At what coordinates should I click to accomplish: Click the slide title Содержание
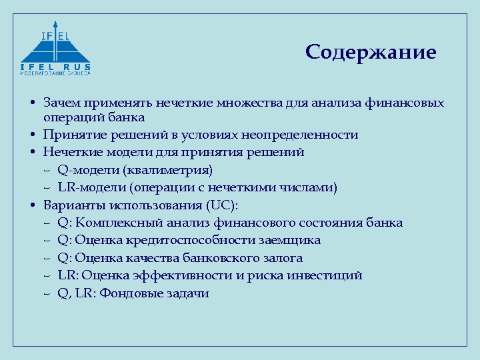coord(371,53)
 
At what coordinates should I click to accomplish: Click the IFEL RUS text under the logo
coord(55,67)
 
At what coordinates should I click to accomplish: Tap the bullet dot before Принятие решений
coord(33,135)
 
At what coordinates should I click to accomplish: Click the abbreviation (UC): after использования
coord(222,205)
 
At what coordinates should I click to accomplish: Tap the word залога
coord(282,258)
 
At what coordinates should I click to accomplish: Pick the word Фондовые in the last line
coord(127,293)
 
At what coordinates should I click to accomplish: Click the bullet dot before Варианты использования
coord(33,205)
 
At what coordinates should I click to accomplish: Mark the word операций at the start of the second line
coord(69,118)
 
